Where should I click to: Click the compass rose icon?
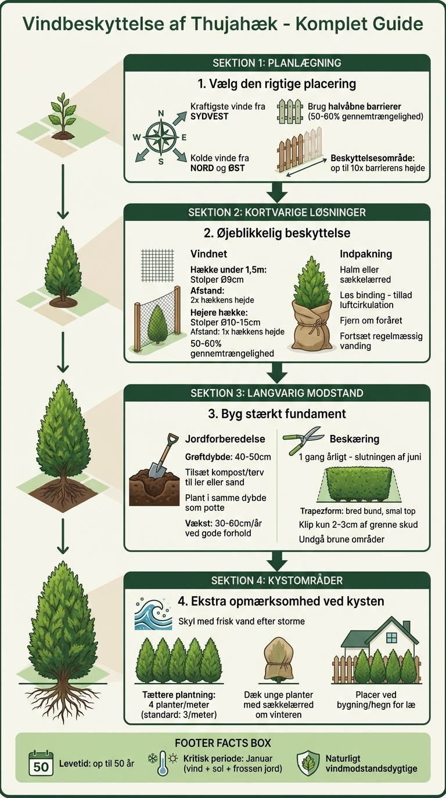click(160, 137)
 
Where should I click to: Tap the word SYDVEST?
click(209, 117)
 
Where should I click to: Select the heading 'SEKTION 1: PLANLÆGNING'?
click(277, 63)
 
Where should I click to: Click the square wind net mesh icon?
click(157, 265)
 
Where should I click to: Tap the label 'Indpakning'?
click(366, 254)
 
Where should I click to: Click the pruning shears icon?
click(303, 440)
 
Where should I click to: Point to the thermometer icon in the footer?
click(163, 763)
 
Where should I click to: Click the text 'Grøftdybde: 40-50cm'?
click(228, 457)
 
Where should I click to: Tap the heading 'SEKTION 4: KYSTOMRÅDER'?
click(277, 581)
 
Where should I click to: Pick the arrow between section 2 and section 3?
click(279, 373)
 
